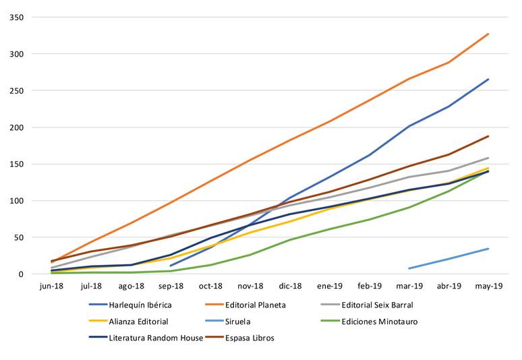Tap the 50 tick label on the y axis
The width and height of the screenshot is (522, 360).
(x=20, y=237)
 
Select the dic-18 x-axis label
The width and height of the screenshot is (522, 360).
(x=290, y=287)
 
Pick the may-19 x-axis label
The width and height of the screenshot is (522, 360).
(x=488, y=287)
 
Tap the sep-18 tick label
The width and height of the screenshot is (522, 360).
(x=171, y=287)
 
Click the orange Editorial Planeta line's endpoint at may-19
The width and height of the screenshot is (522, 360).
(x=488, y=34)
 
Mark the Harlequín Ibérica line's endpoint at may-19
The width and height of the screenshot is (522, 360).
(x=488, y=80)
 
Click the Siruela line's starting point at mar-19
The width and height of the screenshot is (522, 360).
(x=409, y=268)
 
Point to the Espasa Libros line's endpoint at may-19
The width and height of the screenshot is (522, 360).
(x=488, y=136)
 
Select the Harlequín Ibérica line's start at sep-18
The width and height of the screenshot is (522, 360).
(x=171, y=266)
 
